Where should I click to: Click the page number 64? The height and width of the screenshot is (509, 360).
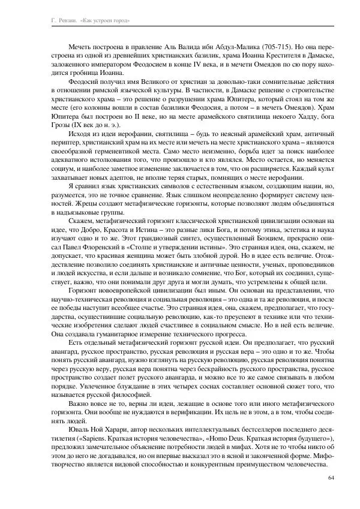click(x=332, y=477)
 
